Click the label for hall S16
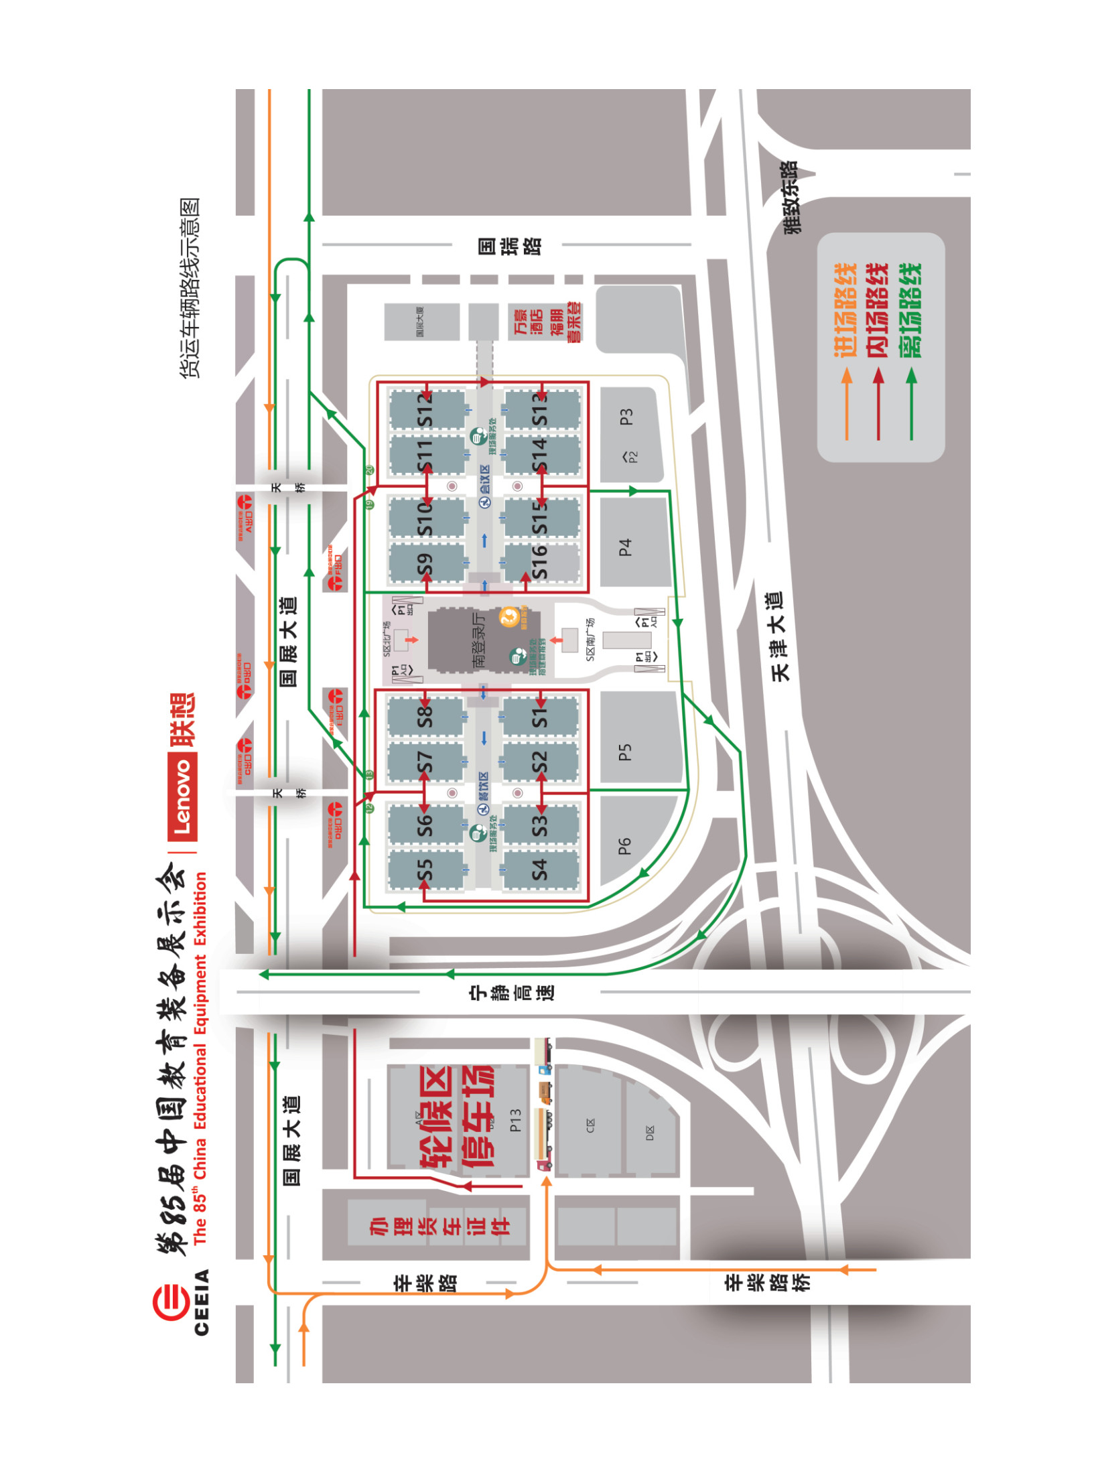pyautogui.click(x=539, y=561)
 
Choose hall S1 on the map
pyautogui.click(x=539, y=717)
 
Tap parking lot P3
pyautogui.click(x=626, y=417)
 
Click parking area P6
pyautogui.click(x=624, y=846)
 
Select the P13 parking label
pyautogui.click(x=515, y=1119)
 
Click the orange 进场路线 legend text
pyautogui.click(x=845, y=309)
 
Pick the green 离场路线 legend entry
pyautogui.click(x=910, y=309)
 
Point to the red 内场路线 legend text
pyautogui.click(x=878, y=309)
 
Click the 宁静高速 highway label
pyautogui.click(x=512, y=992)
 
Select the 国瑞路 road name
pyautogui.click(x=510, y=246)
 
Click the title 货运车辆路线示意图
pyautogui.click(x=190, y=288)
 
